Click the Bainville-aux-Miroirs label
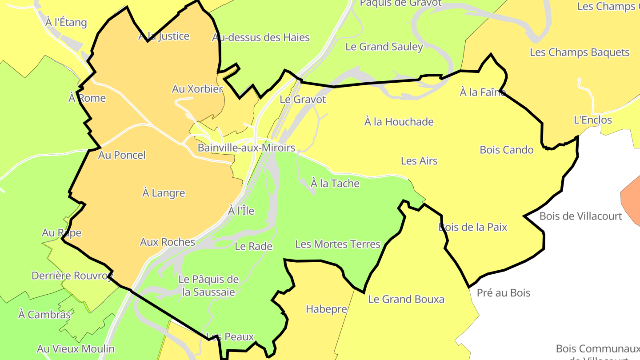click(246, 148)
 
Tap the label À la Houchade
click(399, 121)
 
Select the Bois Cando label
click(506, 150)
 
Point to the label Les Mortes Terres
click(338, 244)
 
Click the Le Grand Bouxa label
click(406, 299)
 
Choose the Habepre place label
click(326, 309)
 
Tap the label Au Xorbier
click(197, 89)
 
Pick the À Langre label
click(163, 193)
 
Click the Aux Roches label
click(167, 242)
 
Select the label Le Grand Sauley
click(384, 47)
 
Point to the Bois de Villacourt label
click(580, 216)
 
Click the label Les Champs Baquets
click(580, 52)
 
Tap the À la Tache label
click(335, 183)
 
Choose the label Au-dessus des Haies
click(260, 37)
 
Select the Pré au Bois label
click(503, 292)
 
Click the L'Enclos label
click(592, 120)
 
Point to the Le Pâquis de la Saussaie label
click(208, 285)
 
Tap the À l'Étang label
click(66, 22)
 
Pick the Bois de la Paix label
click(472, 227)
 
